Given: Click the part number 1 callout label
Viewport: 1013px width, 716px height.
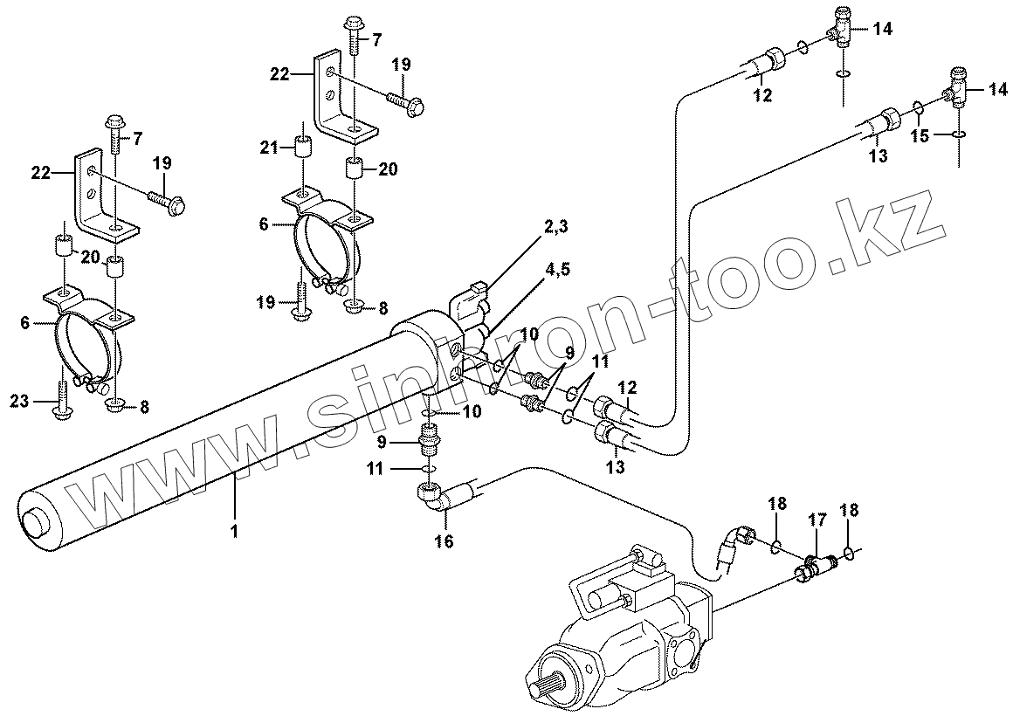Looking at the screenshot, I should [x=234, y=529].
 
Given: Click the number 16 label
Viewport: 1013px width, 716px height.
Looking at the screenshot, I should [x=444, y=542].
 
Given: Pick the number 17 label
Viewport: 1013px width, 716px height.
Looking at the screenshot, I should [x=816, y=520].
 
